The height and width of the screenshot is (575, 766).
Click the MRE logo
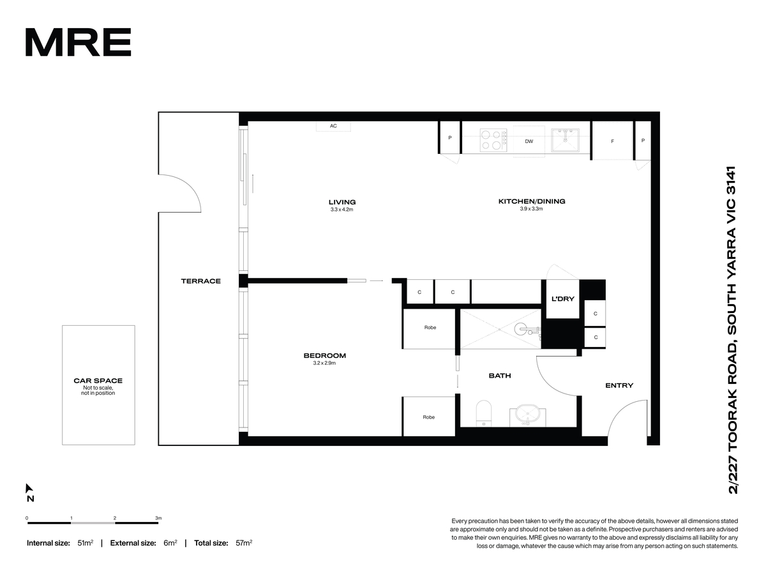pyautogui.click(x=78, y=42)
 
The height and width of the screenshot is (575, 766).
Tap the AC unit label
pyautogui.click(x=333, y=126)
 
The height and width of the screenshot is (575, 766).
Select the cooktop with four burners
pyautogui.click(x=493, y=140)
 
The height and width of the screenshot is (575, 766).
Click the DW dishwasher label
pyautogui.click(x=529, y=141)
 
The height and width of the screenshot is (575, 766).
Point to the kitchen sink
pyautogui.click(x=565, y=141)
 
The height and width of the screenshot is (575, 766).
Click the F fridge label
pyautogui.click(x=612, y=141)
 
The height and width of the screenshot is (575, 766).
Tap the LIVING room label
pyautogui.click(x=342, y=202)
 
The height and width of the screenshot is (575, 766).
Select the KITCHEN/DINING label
pyautogui.click(x=532, y=201)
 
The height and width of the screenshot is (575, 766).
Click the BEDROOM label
pyautogui.click(x=324, y=356)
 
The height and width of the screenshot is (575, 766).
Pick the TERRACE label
pyautogui.click(x=200, y=281)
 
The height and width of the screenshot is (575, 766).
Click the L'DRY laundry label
pyautogui.click(x=562, y=299)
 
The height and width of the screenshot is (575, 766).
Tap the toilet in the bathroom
pyautogui.click(x=484, y=413)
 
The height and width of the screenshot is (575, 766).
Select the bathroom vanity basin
pyautogui.click(x=528, y=415)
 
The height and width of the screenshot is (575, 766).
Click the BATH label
pyautogui.click(x=500, y=376)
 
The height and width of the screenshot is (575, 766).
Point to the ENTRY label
pyautogui.click(x=619, y=386)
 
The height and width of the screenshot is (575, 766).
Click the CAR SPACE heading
pyautogui.click(x=98, y=381)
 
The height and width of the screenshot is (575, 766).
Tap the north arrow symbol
pyautogui.click(x=29, y=488)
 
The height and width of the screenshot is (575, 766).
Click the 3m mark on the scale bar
pyautogui.click(x=158, y=518)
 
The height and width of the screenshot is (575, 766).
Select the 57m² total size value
pyautogui.click(x=244, y=543)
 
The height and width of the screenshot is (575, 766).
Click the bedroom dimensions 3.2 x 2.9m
pyautogui.click(x=324, y=363)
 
